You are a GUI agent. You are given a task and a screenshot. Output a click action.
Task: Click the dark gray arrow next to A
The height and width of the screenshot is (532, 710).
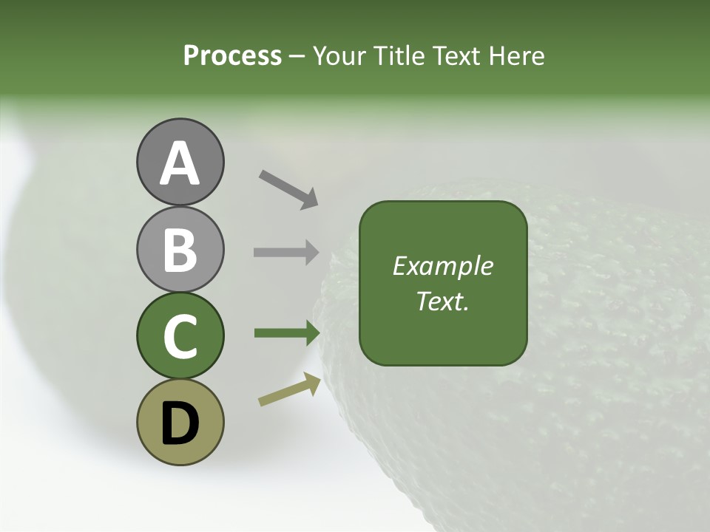click(288, 188)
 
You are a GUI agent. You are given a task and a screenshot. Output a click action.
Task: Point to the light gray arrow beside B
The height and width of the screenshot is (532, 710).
click(285, 252)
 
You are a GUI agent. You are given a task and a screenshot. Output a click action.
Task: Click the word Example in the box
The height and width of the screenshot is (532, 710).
click(443, 266)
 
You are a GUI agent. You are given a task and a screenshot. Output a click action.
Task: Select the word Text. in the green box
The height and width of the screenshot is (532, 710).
click(443, 301)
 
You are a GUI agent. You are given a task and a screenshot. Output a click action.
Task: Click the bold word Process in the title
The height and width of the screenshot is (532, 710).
click(232, 55)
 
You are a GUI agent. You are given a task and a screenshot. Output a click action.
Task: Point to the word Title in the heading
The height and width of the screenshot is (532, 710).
click(398, 55)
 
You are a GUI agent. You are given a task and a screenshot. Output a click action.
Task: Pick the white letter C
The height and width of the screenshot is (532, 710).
click(180, 336)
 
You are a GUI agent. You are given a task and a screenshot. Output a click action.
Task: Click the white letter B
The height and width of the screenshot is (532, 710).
click(180, 250)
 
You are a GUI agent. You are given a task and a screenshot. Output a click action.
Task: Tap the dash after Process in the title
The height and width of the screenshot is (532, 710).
click(297, 56)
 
